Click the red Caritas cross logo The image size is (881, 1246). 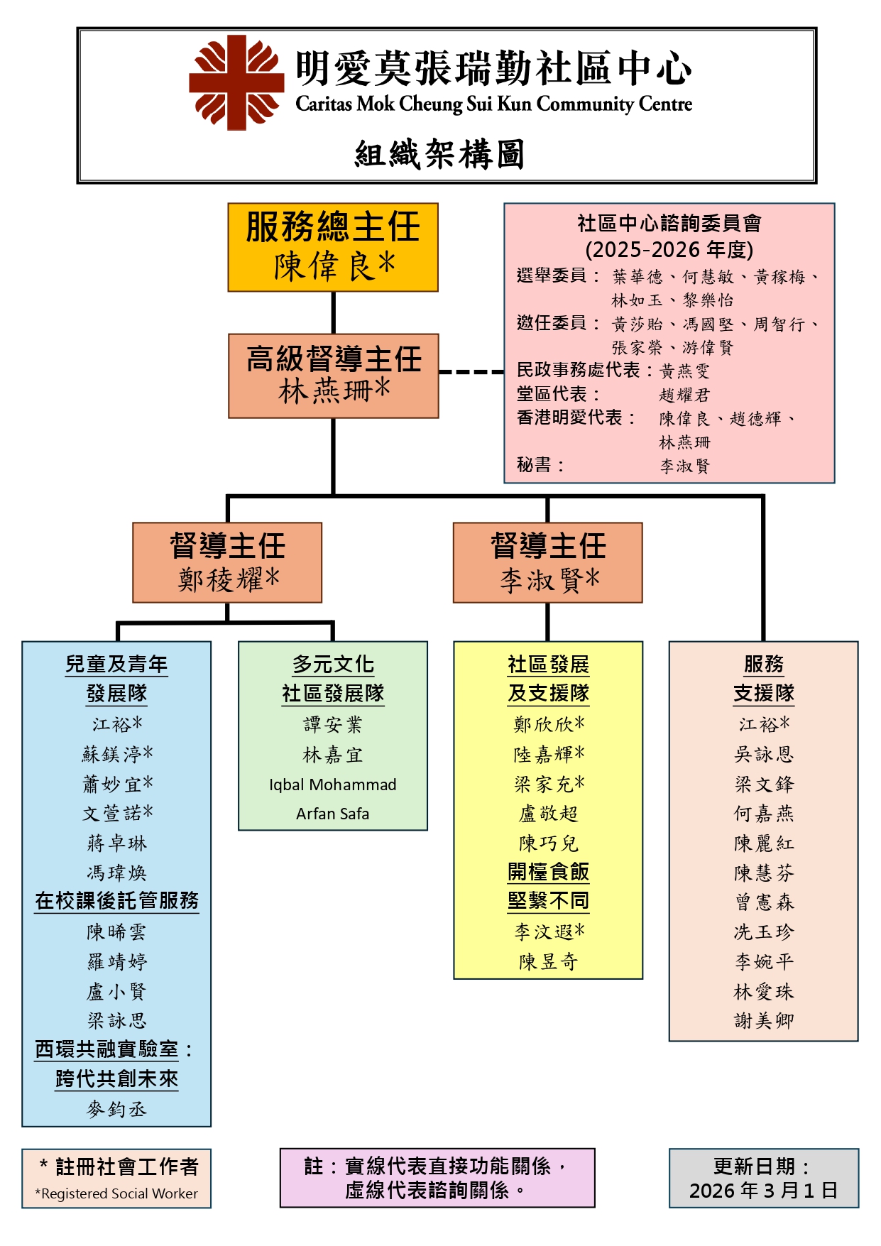(x=236, y=82)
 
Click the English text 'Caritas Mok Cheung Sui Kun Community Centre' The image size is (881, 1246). (x=493, y=104)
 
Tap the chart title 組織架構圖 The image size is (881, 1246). (x=439, y=154)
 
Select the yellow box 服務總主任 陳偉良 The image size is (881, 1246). (x=333, y=247)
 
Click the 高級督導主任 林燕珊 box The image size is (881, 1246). (x=333, y=376)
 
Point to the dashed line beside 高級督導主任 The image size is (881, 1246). (x=471, y=371)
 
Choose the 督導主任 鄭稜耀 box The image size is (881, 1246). (x=227, y=562)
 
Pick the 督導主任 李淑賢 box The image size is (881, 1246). (x=547, y=562)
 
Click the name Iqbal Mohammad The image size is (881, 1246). (x=332, y=785)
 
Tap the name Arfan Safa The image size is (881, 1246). (x=332, y=814)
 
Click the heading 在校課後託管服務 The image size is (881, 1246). (x=116, y=900)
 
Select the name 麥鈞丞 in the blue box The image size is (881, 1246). (x=116, y=1108)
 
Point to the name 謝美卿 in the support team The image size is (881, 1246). (x=763, y=1020)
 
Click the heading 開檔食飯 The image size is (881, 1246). (x=547, y=871)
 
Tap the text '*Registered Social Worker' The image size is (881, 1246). (x=116, y=1193)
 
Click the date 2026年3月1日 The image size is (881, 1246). (x=763, y=1190)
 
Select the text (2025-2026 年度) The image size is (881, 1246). (x=669, y=249)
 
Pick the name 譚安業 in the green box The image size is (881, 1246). (x=332, y=724)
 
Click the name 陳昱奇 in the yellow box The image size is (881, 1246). (x=547, y=961)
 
